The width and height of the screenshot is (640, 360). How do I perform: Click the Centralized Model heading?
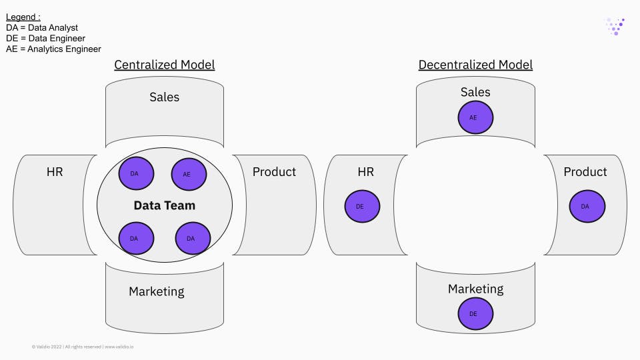(164, 65)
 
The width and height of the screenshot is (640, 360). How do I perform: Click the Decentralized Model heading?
(475, 65)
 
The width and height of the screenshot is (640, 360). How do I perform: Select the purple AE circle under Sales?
(475, 117)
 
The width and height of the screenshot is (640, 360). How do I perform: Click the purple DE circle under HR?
(362, 207)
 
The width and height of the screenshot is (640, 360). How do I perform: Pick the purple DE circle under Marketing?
(475, 313)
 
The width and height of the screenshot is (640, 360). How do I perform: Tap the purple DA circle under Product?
(587, 207)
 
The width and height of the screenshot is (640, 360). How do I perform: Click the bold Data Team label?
(164, 205)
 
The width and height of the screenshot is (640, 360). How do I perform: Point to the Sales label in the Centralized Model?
(164, 97)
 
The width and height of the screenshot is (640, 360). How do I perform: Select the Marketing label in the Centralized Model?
(156, 291)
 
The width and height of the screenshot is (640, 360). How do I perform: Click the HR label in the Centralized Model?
(55, 172)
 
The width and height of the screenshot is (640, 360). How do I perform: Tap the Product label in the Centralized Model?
(274, 172)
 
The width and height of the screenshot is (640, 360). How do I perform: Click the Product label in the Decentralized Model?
(585, 172)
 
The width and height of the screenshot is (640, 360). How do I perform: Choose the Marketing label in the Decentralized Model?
(475, 289)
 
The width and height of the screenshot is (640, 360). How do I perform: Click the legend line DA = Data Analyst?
(42, 27)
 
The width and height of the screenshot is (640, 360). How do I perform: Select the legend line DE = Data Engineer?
(45, 38)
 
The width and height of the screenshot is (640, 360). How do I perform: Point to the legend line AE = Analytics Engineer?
(53, 49)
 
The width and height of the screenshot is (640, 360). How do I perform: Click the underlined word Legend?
(23, 17)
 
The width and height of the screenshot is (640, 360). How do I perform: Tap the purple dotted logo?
(615, 26)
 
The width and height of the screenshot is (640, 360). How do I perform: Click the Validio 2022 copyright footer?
(83, 347)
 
